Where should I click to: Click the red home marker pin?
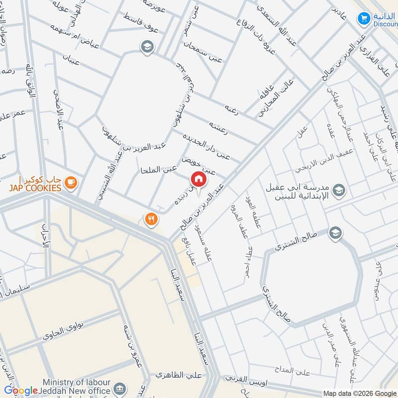[x=198, y=180]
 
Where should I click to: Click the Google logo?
[x=20, y=391]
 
